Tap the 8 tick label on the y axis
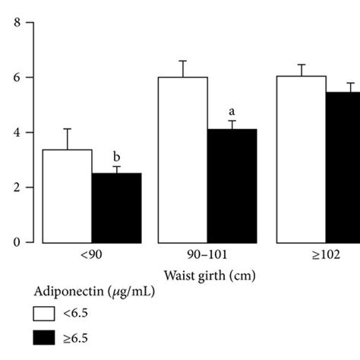click(x=17, y=23)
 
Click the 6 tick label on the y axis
click(x=17, y=77)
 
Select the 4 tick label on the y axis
click(x=17, y=132)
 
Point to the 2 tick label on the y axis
click(x=17, y=188)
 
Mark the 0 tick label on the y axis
click(x=17, y=242)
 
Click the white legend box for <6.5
click(x=46, y=314)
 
